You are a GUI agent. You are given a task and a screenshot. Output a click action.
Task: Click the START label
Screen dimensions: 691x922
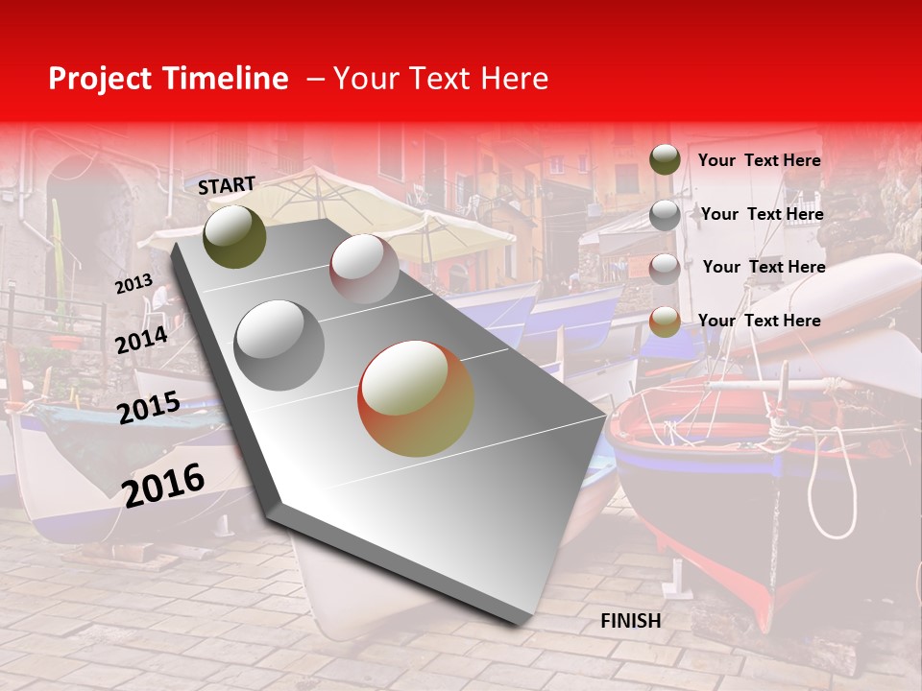[227, 185]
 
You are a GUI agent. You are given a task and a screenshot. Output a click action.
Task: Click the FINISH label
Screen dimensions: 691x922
[630, 621]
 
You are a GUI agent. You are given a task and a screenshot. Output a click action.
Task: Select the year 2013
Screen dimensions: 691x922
[133, 284]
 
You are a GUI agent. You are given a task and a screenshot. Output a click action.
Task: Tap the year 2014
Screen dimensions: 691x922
[141, 340]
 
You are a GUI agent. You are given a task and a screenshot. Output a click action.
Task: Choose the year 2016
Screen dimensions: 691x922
[163, 485]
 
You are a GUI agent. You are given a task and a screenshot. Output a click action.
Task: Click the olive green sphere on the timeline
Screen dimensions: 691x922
[234, 236]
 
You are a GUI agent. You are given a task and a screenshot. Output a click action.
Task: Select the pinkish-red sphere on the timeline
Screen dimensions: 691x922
[364, 268]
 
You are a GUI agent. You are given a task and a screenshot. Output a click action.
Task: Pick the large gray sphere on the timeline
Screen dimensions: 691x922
[279, 345]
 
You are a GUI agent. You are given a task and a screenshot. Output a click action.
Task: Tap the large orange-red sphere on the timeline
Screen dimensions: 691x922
[416, 398]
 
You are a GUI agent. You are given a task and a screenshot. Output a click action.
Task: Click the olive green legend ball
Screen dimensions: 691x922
[665, 159]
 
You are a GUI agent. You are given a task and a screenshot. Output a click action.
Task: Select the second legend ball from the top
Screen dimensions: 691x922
[665, 215]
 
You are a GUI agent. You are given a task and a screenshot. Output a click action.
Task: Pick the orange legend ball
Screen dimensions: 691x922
[665, 322]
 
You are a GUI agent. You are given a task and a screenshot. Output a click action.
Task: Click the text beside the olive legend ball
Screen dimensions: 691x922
[759, 160]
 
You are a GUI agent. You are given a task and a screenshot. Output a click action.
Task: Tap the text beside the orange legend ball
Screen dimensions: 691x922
[759, 321]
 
